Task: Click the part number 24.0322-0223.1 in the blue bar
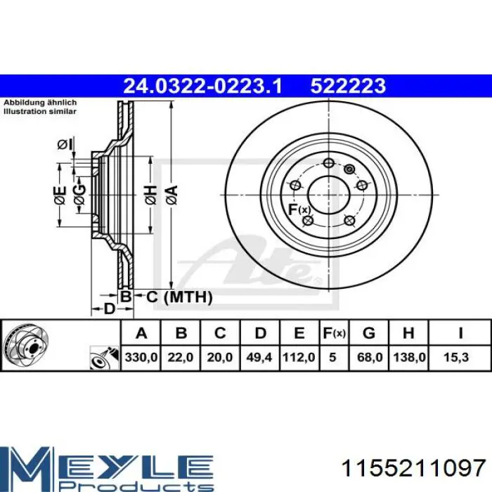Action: pos(202,86)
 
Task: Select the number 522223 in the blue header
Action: pos(348,86)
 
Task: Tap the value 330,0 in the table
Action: pos(141,357)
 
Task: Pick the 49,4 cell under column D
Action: pos(259,357)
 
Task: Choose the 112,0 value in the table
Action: pos(299,357)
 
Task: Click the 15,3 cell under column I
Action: pos(456,357)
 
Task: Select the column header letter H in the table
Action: pos(408,333)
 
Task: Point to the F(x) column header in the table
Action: pos(334,333)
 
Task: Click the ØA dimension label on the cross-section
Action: pos(172,195)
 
